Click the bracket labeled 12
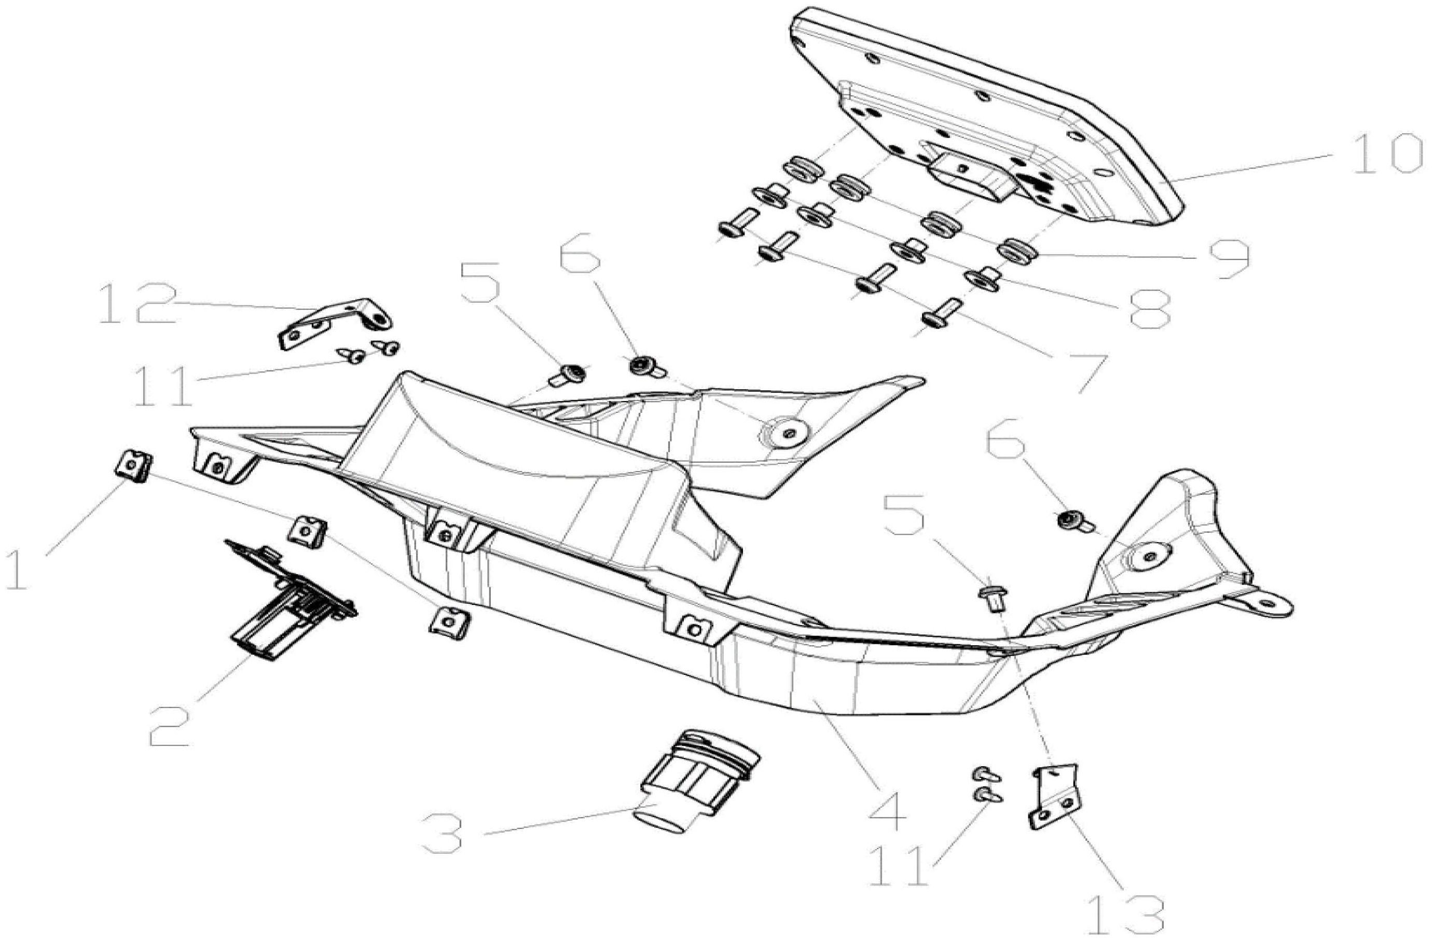point(335,322)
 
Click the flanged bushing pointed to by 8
point(983,278)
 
